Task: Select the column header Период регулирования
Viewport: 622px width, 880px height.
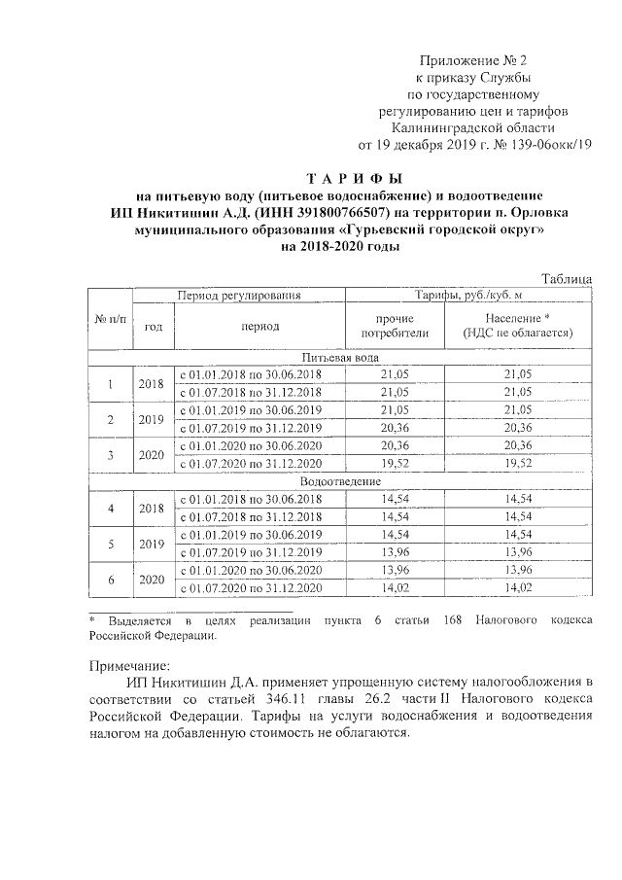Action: click(x=238, y=294)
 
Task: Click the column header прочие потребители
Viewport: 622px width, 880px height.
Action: click(x=395, y=326)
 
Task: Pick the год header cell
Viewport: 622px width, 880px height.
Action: click(x=153, y=327)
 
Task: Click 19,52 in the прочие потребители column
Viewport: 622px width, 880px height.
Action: click(x=395, y=465)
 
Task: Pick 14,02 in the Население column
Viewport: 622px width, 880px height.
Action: click(x=518, y=588)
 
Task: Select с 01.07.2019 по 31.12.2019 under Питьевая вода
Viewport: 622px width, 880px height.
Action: click(x=249, y=428)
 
